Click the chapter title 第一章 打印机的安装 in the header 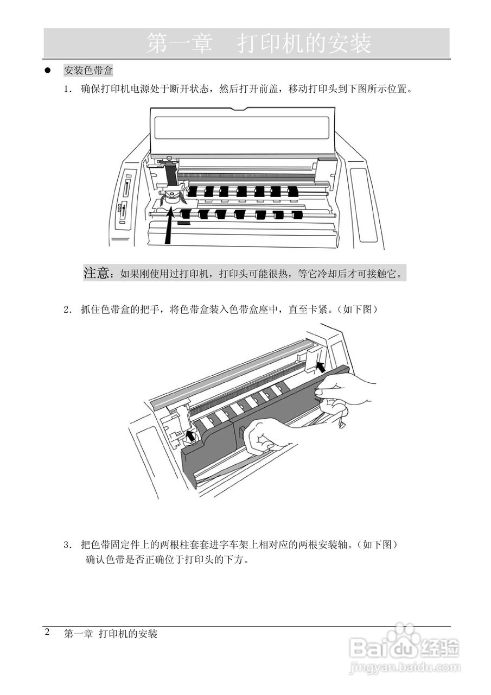[259, 43]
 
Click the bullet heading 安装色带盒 [88, 71]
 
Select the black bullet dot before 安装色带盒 [47, 71]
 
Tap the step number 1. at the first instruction [68, 90]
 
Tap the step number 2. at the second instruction [68, 309]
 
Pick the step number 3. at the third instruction [68, 545]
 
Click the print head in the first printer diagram [171, 197]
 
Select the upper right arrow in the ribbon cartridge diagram [321, 367]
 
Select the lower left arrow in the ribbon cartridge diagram [190, 435]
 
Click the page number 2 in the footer [47, 632]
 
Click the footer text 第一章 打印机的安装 [111, 634]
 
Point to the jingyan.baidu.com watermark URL [405, 667]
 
